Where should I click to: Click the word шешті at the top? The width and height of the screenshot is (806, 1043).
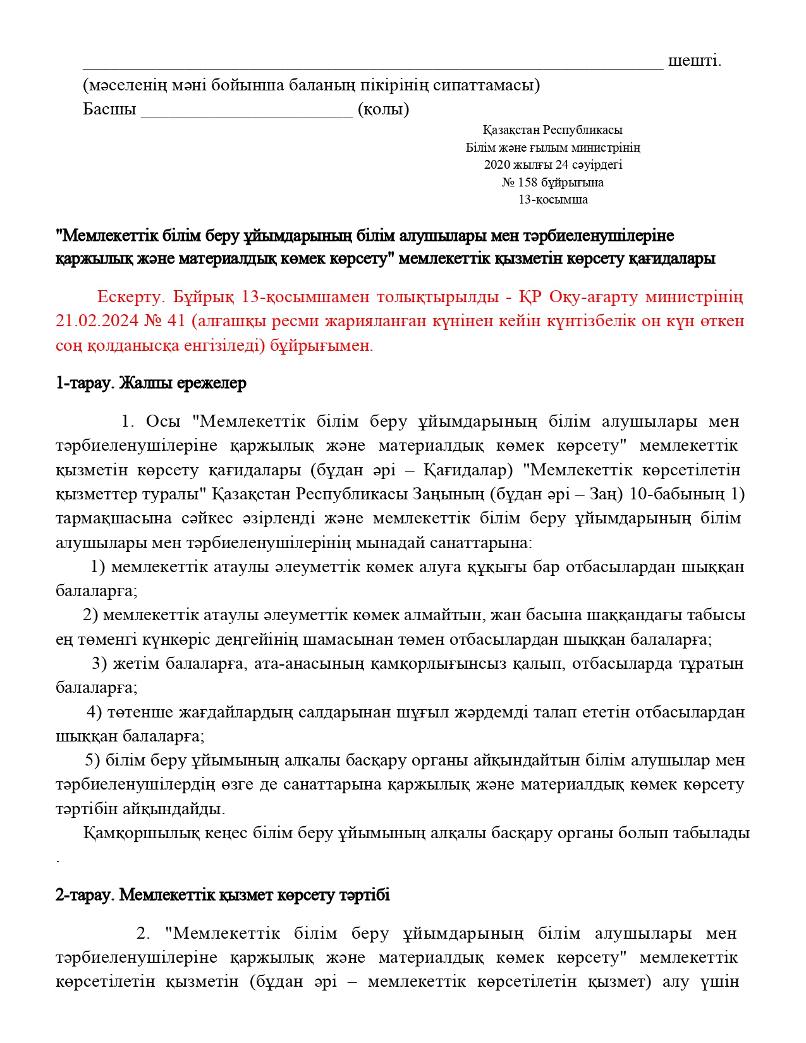(x=694, y=61)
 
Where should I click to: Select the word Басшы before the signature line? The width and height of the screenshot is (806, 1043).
(x=109, y=109)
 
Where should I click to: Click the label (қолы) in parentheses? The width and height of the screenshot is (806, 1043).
(x=383, y=109)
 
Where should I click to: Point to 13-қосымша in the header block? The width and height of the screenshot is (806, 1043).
(x=553, y=200)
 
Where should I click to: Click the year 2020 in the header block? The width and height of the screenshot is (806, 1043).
(x=497, y=165)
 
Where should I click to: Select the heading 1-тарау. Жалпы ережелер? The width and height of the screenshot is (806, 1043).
(x=151, y=384)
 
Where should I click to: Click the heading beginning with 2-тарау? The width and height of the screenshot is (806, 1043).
(x=223, y=895)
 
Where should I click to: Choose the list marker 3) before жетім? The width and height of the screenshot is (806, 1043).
(x=99, y=664)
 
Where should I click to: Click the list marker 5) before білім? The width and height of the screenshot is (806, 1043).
(x=93, y=760)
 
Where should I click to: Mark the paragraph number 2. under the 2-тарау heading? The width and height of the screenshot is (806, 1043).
(x=143, y=934)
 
